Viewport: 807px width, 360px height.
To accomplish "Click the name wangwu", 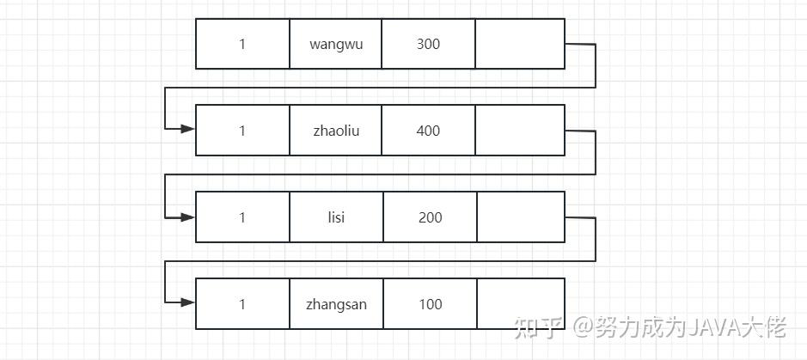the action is coord(336,44).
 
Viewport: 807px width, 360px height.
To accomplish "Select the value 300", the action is coord(428,44).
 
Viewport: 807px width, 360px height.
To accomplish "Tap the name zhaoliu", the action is coord(336,131).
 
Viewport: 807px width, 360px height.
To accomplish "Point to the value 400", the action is coord(428,131).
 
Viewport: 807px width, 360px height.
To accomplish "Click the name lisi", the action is coord(336,217).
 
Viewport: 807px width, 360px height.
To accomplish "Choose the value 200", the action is coord(430,217).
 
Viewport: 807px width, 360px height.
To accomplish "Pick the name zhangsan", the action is coord(336,304).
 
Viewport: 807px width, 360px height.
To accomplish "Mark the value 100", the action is coord(430,304).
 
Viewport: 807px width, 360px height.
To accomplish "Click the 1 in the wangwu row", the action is coord(242,44).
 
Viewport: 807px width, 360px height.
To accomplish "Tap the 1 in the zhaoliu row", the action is coord(242,131).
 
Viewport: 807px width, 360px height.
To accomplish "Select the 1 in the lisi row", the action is coord(242,217).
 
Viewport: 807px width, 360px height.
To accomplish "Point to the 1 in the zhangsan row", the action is coord(242,304).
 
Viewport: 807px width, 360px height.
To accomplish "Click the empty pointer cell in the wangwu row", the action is coord(519,44).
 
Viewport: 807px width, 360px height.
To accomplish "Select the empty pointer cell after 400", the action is coord(519,131).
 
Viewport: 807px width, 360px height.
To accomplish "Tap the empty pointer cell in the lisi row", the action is coord(519,217).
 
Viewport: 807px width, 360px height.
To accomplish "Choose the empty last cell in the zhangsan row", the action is coord(519,304).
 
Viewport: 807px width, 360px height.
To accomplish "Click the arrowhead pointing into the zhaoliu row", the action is coord(187,129).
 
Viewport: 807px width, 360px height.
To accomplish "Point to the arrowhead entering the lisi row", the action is coord(187,216).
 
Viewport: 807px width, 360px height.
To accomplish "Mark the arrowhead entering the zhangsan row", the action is coord(187,302).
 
